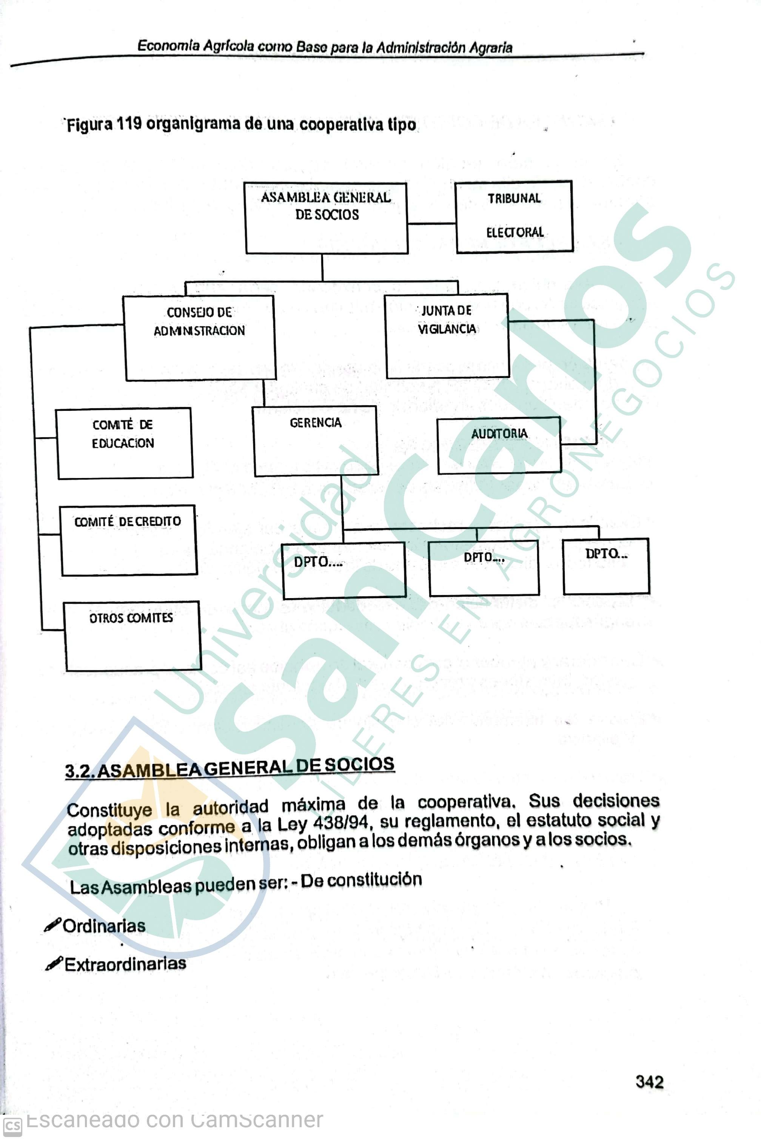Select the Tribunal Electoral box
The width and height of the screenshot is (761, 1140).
[514, 216]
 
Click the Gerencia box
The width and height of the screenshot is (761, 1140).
[316, 441]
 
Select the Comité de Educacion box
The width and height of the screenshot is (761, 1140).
[124, 443]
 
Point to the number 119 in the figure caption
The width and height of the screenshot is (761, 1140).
[129, 124]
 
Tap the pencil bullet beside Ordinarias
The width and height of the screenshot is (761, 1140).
[52, 926]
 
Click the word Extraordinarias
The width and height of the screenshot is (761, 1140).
[125, 964]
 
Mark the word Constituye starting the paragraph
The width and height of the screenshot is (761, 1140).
[109, 809]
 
